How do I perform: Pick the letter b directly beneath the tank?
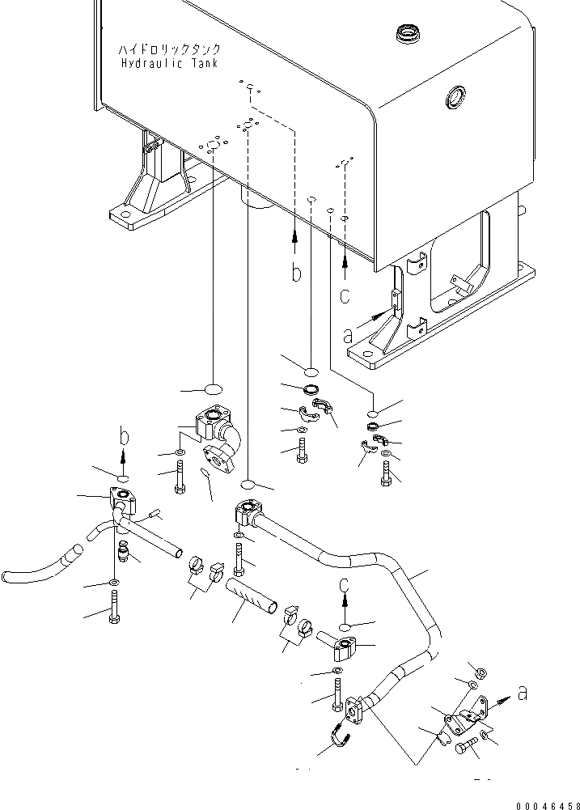pyautogui.click(x=297, y=273)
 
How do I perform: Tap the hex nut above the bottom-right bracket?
pyautogui.click(x=478, y=673)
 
